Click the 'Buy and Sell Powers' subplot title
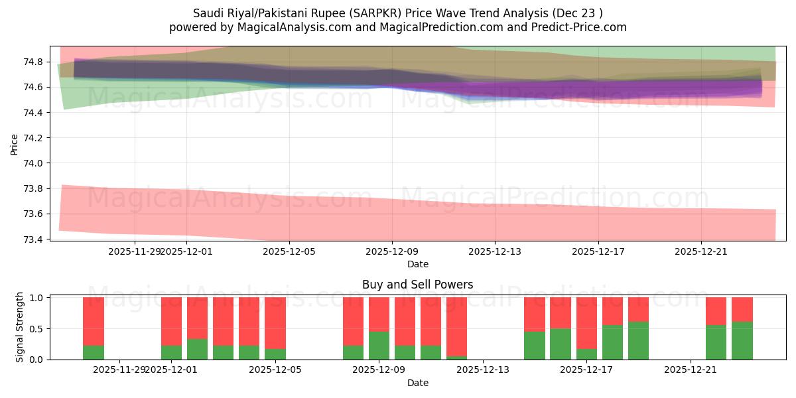pos(417,285)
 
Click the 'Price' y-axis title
pos(15,143)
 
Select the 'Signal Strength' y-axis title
pos(20,327)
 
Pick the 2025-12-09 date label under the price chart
pos(392,251)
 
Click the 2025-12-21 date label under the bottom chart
pos(691,369)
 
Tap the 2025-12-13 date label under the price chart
pos(495,251)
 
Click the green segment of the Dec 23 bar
pos(742,341)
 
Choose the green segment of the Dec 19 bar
pos(638,341)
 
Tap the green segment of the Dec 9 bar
pos(379,346)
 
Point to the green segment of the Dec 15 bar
pos(535,346)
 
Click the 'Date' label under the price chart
pos(417,264)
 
